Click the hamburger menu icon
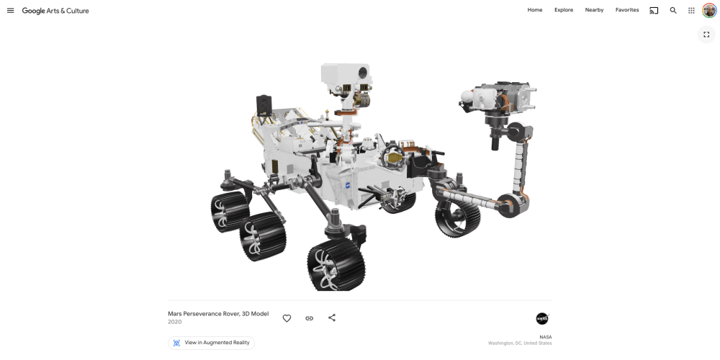(x=11, y=11)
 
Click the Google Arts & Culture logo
(x=55, y=11)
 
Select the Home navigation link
(x=535, y=10)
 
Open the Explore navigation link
(x=564, y=10)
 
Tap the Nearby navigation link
(x=594, y=10)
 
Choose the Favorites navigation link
(x=627, y=10)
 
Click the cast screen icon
(x=654, y=11)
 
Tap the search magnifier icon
(x=673, y=11)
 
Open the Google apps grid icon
(x=691, y=11)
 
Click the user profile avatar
(x=709, y=11)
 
